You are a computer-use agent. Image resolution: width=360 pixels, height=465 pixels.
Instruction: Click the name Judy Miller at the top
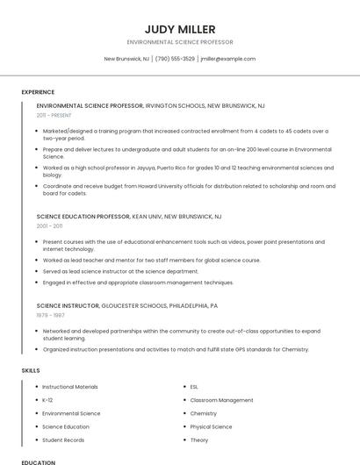coord(180,29)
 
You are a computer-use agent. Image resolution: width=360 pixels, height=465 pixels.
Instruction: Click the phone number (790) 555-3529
coord(176,59)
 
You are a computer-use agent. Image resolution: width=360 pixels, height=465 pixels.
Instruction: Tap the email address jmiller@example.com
coord(227,59)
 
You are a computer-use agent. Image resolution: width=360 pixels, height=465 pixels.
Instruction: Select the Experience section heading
coord(38,92)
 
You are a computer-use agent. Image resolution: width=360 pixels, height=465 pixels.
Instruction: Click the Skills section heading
coord(31,370)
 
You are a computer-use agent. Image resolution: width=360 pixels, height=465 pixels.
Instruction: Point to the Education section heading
coord(38,461)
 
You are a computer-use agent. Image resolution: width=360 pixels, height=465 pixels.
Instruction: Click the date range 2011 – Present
coord(54,115)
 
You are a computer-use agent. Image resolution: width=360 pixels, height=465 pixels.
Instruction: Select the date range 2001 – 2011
coord(50,225)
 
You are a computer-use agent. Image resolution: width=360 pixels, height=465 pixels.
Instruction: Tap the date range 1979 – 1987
coord(50,315)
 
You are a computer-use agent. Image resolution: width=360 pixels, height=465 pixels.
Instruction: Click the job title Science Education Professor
coord(83,216)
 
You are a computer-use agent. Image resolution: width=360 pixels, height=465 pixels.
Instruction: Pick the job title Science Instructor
coord(68,305)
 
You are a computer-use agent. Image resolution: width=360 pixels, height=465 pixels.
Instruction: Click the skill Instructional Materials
coord(70,386)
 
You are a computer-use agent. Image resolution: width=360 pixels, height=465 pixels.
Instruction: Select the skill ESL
coord(195,386)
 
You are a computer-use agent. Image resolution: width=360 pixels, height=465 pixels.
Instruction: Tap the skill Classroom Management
coord(221,399)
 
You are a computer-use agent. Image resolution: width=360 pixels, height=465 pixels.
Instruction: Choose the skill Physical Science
coord(211,426)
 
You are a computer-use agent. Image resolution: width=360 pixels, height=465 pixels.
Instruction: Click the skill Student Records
coord(63,440)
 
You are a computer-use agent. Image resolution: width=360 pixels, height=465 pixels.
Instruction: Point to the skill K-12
coord(47,399)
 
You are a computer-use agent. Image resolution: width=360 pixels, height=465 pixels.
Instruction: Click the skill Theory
coord(199,440)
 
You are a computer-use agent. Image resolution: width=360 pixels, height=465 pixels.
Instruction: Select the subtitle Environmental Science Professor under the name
coord(180,42)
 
